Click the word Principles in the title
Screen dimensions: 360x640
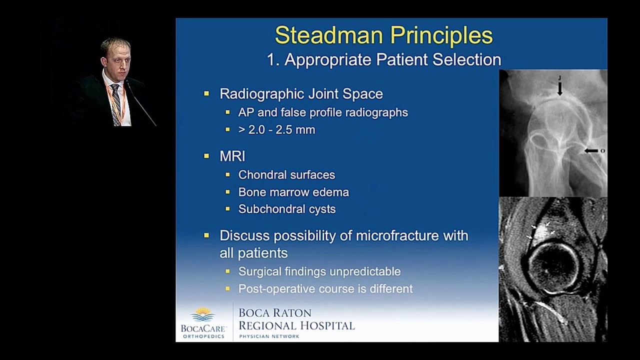coord(441,35)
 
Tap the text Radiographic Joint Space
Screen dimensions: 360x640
coord(301,94)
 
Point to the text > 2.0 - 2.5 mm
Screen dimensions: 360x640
coord(276,130)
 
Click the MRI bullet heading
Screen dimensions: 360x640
coord(232,156)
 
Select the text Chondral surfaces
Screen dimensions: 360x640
coord(286,175)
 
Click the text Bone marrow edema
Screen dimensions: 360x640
coord(293,192)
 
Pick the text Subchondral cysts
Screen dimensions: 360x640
coord(287,209)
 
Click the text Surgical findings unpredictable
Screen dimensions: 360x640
coord(319,271)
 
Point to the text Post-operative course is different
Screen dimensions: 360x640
coord(325,289)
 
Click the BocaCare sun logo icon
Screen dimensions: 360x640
coord(203,314)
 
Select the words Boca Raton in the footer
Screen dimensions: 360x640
coord(275,313)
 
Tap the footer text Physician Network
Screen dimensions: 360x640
coord(269,336)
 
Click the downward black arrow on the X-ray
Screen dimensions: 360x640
coord(560,88)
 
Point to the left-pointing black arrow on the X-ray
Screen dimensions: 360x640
coord(591,150)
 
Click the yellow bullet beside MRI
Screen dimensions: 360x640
coord(206,156)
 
